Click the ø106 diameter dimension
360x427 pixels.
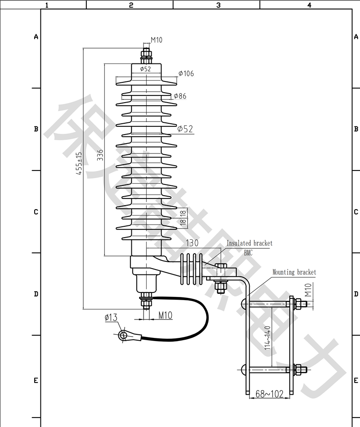pyautogui.click(x=186, y=73)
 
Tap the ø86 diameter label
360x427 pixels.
pyautogui.click(x=180, y=96)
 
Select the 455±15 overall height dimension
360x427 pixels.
pyautogui.click(x=79, y=163)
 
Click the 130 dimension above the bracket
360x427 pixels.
pyautogui.click(x=192, y=243)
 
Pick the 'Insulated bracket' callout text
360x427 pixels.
pyautogui.click(x=249, y=243)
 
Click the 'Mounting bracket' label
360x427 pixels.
pyautogui.click(x=294, y=272)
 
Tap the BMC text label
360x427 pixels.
pyautogui.click(x=248, y=253)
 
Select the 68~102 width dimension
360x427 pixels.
pyautogui.click(x=269, y=394)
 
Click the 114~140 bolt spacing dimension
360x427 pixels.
pyautogui.click(x=268, y=338)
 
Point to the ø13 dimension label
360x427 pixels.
pyautogui.click(x=111, y=318)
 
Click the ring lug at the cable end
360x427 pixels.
pyautogui.click(x=123, y=335)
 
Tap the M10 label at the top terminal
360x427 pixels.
pyautogui.click(x=156, y=40)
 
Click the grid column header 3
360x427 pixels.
pyautogui.click(x=218, y=5)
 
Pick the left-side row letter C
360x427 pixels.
pyautogui.click(x=36, y=211)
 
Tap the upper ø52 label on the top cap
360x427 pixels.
pyautogui.click(x=145, y=69)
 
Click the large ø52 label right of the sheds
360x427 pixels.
pyautogui.click(x=185, y=129)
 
